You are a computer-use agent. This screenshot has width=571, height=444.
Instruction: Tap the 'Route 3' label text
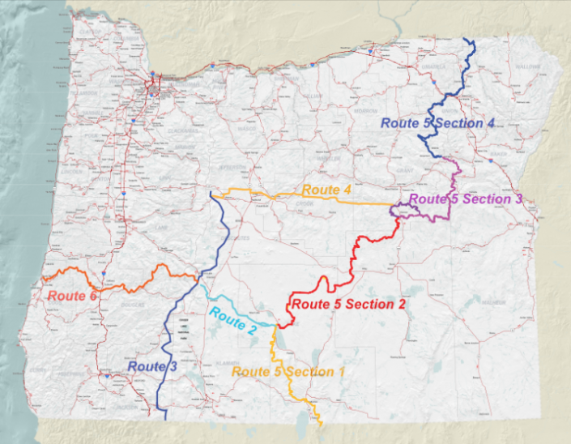[x=151, y=367]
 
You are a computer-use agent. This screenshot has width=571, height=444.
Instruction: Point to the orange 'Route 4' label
[x=326, y=190]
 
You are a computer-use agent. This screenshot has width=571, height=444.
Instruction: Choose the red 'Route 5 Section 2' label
[x=347, y=305]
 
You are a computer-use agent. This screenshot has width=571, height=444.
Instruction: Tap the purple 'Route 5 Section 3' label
[x=466, y=199]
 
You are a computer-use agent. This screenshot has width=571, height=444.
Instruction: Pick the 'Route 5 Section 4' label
[x=437, y=123]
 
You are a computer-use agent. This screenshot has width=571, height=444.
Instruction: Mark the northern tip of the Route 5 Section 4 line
[x=464, y=39]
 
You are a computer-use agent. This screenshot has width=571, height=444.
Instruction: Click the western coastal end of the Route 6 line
[x=43, y=280]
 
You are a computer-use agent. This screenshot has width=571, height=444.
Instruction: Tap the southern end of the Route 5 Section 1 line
[x=322, y=424]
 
